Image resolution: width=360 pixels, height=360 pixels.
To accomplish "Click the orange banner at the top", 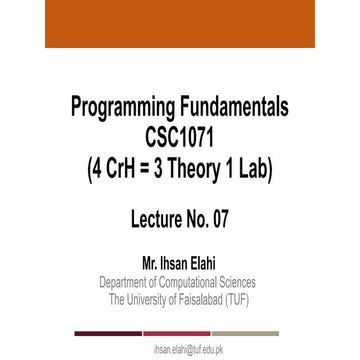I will coord(179,25).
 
